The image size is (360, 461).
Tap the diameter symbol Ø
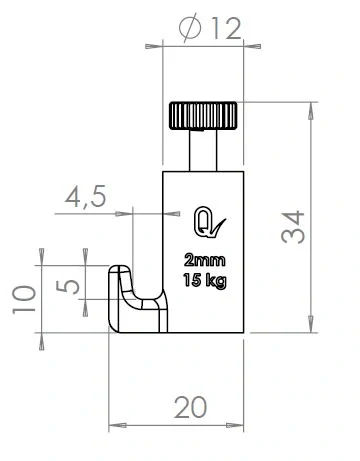click(190, 29)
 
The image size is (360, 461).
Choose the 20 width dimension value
click(189, 407)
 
